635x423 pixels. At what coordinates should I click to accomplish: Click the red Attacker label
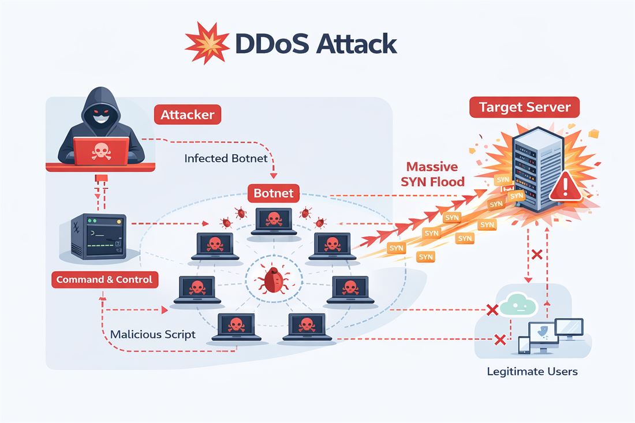(187, 114)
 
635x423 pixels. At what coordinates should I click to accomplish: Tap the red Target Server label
(524, 107)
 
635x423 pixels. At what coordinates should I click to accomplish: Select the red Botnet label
(273, 193)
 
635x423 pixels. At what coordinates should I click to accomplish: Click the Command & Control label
(104, 279)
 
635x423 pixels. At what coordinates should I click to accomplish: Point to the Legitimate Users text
(531, 371)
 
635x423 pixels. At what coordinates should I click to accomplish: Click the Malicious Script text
(152, 334)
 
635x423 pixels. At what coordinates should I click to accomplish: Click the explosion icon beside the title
(207, 44)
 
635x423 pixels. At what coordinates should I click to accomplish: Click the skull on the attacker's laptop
(101, 151)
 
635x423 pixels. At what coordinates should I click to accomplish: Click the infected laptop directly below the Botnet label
(275, 220)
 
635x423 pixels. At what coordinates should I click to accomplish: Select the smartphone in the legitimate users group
(524, 345)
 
